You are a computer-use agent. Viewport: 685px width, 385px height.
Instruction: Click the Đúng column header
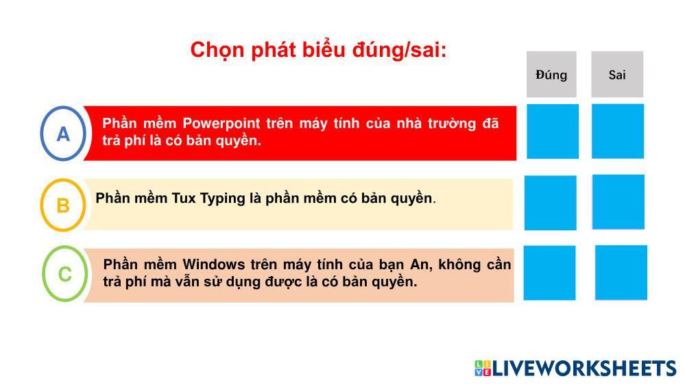click(x=551, y=74)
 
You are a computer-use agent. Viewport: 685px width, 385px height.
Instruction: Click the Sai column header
click(x=617, y=74)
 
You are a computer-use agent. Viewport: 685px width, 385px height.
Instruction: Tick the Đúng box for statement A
click(x=553, y=132)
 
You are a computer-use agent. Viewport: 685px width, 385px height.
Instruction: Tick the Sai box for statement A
click(x=618, y=132)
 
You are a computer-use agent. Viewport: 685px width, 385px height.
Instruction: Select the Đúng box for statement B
click(x=551, y=203)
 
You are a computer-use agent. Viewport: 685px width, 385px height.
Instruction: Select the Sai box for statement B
click(x=618, y=202)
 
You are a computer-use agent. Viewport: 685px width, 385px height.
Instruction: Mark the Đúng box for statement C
click(x=549, y=273)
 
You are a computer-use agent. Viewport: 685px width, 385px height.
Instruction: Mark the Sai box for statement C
click(x=621, y=273)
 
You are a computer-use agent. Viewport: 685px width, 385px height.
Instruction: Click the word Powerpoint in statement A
click(x=221, y=124)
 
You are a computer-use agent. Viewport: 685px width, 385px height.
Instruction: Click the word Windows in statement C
click(x=214, y=264)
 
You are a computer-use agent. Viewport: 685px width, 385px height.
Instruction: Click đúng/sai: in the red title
click(x=400, y=50)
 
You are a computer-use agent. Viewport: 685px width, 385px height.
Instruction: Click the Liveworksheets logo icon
click(x=483, y=368)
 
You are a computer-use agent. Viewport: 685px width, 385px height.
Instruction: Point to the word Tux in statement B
click(x=184, y=198)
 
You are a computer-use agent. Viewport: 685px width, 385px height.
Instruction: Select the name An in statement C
click(x=420, y=265)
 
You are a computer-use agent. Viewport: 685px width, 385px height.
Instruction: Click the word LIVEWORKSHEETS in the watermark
click(x=584, y=368)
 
